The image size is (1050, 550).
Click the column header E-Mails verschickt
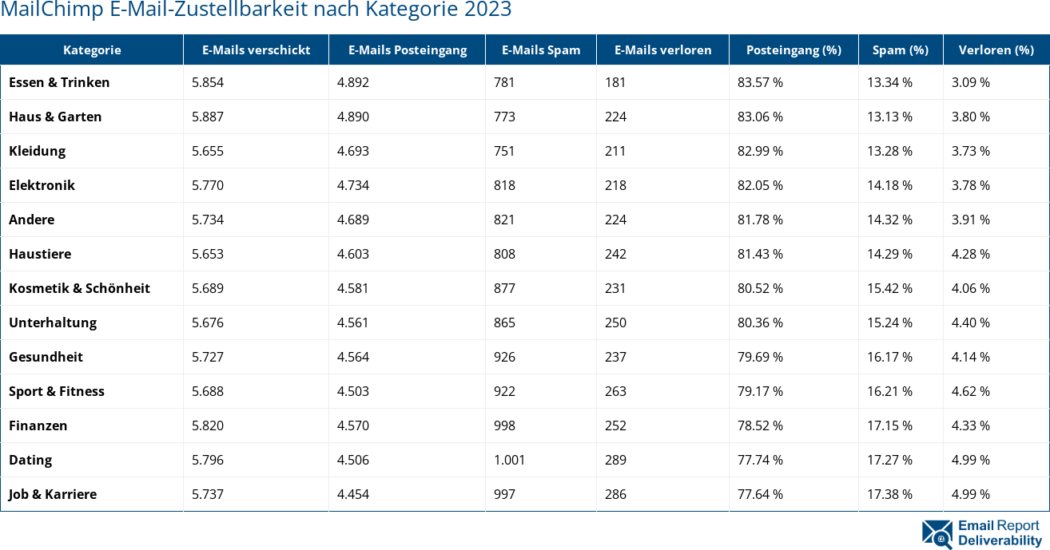pyautogui.click(x=256, y=49)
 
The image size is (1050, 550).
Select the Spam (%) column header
pyautogui.click(x=900, y=49)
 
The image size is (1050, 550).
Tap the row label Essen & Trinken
pyautogui.click(x=59, y=82)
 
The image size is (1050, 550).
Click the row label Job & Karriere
pyautogui.click(x=53, y=494)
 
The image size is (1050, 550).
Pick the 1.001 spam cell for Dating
pyautogui.click(x=509, y=460)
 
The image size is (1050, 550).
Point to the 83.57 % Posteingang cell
pyautogui.click(x=760, y=82)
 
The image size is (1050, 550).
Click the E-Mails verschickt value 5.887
pyautogui.click(x=208, y=117)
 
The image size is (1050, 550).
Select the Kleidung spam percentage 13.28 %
pyautogui.click(x=889, y=151)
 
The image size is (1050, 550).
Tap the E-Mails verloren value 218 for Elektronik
pyautogui.click(x=615, y=185)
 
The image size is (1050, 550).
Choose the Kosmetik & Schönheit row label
pyautogui.click(x=79, y=288)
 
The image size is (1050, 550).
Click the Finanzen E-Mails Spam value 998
pyautogui.click(x=504, y=425)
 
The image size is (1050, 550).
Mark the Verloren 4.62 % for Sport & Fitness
pyautogui.click(x=970, y=391)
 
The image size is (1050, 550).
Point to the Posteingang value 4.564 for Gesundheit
pyautogui.click(x=353, y=357)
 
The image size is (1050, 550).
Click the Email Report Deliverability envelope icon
pyautogui.click(x=937, y=534)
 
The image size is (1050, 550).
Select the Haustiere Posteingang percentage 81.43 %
pyautogui.click(x=760, y=254)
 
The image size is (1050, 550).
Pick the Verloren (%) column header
pyautogui.click(x=996, y=49)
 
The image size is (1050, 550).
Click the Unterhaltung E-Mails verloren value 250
pyautogui.click(x=615, y=322)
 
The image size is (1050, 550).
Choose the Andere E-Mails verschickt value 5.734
pyautogui.click(x=208, y=220)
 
